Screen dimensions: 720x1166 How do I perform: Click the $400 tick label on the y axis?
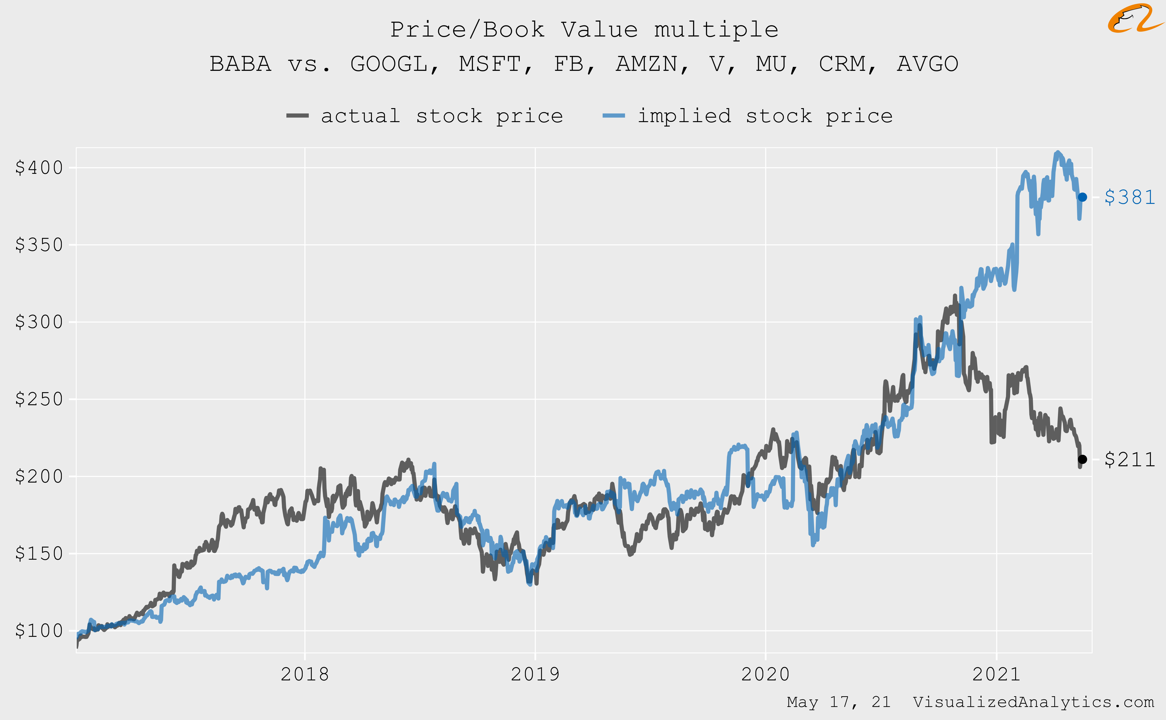point(39,168)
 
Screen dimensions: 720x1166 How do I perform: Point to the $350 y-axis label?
point(39,245)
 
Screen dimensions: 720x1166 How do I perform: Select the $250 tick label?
point(39,399)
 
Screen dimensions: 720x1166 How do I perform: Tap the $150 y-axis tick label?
point(39,553)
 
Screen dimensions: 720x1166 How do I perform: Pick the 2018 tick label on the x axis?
point(305,674)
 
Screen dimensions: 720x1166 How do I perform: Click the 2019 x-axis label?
point(535,674)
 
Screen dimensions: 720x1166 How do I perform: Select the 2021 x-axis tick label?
point(996,674)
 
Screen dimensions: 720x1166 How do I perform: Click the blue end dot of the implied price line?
point(1083,197)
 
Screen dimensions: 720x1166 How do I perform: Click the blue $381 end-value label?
point(1129,197)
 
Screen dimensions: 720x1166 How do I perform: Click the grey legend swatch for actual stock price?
point(297,116)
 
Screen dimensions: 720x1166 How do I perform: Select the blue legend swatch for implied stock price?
point(614,116)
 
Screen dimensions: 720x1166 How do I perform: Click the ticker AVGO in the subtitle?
point(927,64)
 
